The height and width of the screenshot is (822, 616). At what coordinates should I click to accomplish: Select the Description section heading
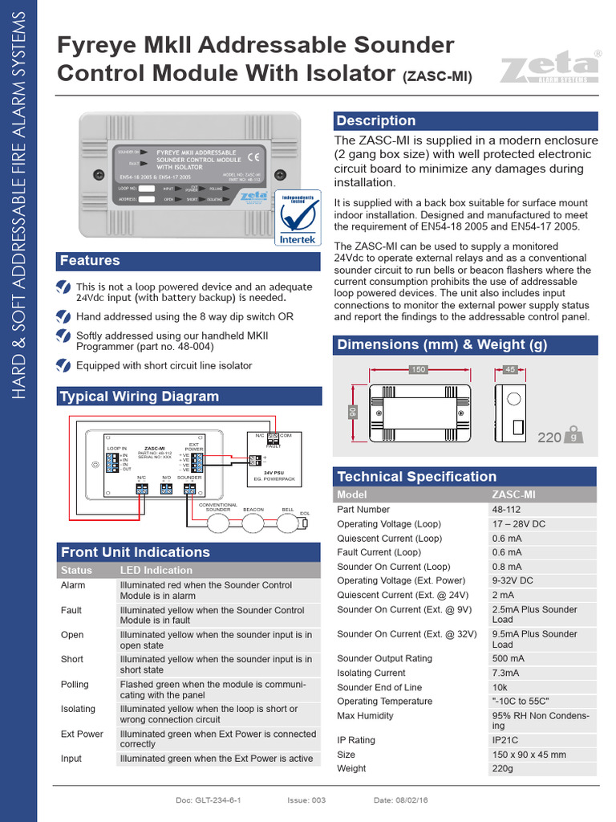(375, 120)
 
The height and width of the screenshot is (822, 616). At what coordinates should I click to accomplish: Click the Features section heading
(90, 261)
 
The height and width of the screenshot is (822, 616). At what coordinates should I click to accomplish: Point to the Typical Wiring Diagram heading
(140, 397)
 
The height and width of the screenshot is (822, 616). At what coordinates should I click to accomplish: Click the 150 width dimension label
(418, 370)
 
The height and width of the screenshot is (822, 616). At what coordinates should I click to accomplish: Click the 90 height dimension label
(351, 412)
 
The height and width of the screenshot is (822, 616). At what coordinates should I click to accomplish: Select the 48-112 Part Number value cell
(508, 510)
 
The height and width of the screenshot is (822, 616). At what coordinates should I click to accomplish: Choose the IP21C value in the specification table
(505, 740)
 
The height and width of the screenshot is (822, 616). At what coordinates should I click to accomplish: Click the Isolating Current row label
(371, 673)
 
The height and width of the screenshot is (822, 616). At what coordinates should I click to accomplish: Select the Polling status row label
(75, 685)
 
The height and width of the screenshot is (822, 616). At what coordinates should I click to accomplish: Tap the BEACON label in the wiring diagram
(253, 510)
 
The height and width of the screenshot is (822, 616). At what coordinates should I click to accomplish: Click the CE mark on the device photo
(253, 156)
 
